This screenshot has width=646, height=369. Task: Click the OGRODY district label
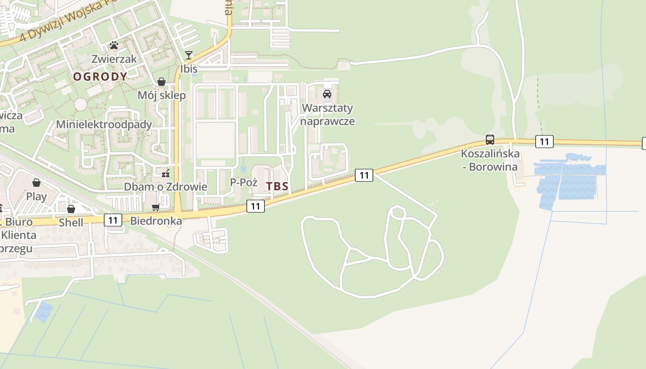click(100, 77)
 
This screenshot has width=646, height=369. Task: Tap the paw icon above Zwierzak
click(114, 45)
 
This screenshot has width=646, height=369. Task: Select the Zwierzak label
click(114, 59)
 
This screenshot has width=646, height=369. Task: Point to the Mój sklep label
click(161, 95)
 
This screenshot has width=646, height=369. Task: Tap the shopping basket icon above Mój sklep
click(161, 82)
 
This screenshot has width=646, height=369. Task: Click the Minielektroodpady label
click(104, 125)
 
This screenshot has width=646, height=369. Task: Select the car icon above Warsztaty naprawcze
click(327, 94)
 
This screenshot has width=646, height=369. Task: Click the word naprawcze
click(327, 121)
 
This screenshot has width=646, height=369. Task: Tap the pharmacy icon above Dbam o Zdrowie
click(166, 173)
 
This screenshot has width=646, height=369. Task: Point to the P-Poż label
click(244, 182)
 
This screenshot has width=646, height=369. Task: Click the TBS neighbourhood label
click(277, 186)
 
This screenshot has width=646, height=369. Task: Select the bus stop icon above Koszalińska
click(490, 140)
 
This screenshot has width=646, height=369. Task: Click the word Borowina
click(493, 167)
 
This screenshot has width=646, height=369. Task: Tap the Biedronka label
click(156, 221)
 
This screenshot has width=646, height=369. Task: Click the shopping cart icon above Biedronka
click(156, 208)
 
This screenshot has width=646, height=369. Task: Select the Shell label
click(71, 223)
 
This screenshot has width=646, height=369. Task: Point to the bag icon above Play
click(36, 183)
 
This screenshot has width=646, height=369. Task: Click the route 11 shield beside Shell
click(113, 220)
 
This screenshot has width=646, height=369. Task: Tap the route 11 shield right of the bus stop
click(544, 142)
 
